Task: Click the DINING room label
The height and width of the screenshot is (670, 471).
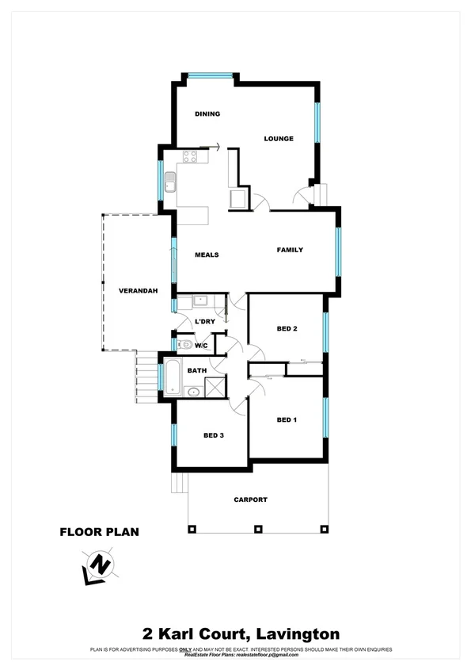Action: pyautogui.click(x=207, y=114)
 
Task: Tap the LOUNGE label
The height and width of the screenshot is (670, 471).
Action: pyautogui.click(x=279, y=139)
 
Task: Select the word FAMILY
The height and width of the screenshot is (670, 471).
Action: pyautogui.click(x=290, y=250)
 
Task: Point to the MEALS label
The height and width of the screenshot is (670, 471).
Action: pyautogui.click(x=207, y=255)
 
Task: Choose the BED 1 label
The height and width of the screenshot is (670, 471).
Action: pyautogui.click(x=287, y=419)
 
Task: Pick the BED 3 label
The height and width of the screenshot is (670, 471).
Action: pyautogui.click(x=214, y=435)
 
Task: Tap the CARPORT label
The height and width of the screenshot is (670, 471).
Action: pyautogui.click(x=250, y=500)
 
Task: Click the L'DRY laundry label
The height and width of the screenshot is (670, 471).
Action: pyautogui.click(x=205, y=321)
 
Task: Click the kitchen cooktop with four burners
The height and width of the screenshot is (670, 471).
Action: pyautogui.click(x=191, y=156)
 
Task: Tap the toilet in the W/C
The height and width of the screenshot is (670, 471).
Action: pyautogui.click(x=184, y=344)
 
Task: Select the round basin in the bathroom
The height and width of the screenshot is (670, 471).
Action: pyautogui.click(x=192, y=390)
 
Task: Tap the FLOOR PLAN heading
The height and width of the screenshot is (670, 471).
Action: pyautogui.click(x=100, y=532)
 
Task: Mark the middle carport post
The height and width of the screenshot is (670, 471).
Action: pyautogui.click(x=256, y=529)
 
